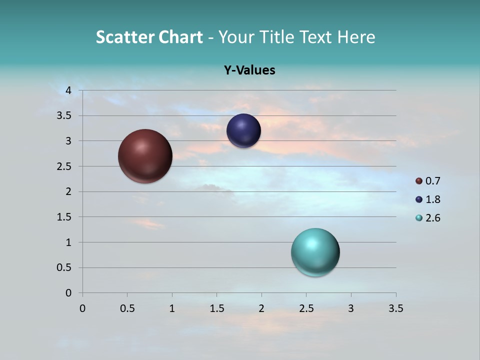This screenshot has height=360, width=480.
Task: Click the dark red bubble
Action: [x=145, y=156]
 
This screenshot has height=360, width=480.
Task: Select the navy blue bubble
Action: [x=243, y=131]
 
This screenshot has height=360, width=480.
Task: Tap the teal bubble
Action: [x=315, y=252]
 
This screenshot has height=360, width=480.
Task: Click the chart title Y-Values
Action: [x=249, y=70]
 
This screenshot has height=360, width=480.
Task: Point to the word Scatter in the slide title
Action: [x=125, y=37]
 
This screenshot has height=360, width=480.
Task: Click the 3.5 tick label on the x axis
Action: [x=395, y=308]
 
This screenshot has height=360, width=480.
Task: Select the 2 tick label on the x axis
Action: [x=261, y=308]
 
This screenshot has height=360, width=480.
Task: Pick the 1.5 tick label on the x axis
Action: [x=216, y=308]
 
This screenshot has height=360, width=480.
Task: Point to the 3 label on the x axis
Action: [x=350, y=308]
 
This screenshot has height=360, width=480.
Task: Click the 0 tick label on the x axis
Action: [x=82, y=308]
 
